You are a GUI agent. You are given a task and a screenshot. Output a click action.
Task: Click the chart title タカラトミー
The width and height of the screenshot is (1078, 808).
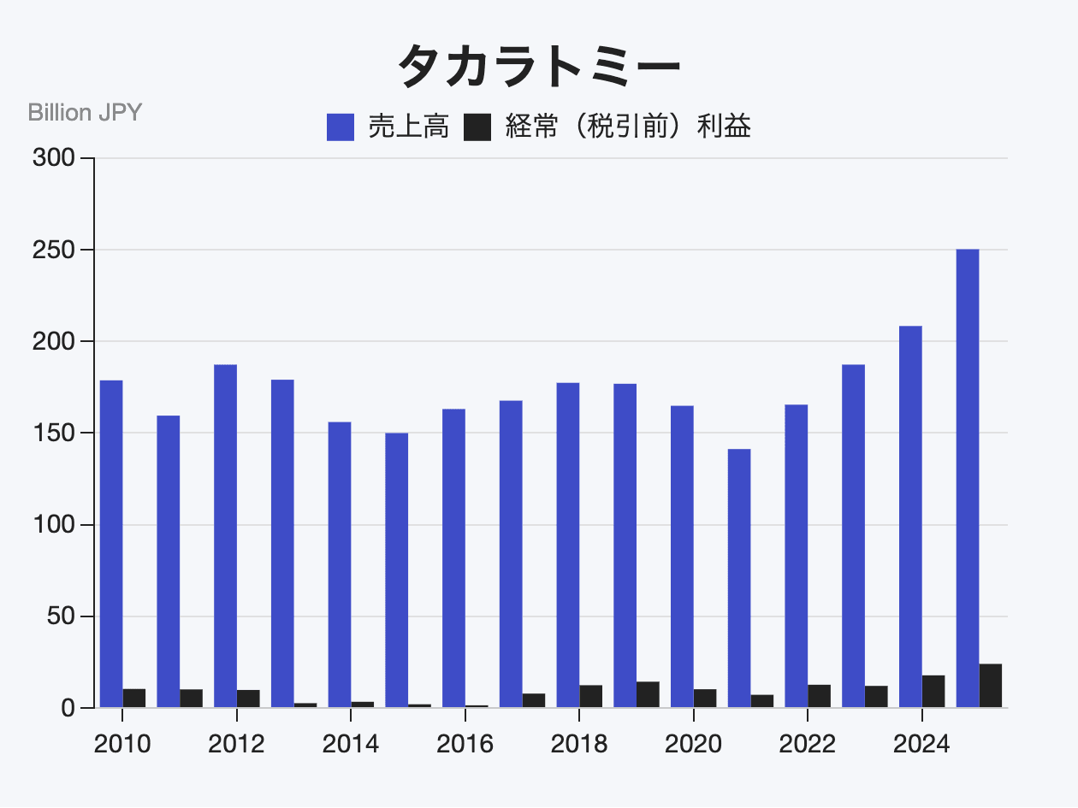point(539,66)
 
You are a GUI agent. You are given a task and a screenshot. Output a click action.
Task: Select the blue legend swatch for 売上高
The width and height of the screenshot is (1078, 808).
point(341,127)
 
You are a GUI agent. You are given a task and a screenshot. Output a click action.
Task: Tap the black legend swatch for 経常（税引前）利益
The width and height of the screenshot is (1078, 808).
point(477,127)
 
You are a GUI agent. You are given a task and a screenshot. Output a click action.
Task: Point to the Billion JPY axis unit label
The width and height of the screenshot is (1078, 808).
point(85,113)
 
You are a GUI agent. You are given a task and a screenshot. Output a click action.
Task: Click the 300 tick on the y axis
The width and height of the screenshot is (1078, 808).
point(52,158)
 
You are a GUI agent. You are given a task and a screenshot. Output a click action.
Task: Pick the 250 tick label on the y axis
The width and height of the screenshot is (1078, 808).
point(52,250)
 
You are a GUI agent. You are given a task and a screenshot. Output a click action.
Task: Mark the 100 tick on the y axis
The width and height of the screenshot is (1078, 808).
point(52,524)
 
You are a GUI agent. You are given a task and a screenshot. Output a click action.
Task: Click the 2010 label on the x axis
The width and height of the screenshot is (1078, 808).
point(122,744)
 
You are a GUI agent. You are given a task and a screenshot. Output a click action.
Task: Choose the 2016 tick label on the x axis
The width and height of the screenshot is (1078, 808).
point(465,744)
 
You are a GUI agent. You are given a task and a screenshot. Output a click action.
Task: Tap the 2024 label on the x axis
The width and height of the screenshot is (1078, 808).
point(921,744)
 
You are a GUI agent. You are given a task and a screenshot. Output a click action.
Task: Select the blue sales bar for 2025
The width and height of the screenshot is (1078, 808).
point(967,479)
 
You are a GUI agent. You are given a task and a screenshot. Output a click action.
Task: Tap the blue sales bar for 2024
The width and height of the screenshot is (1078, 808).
point(910,516)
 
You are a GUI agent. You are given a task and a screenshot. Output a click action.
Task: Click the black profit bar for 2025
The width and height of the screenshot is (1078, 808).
point(990,686)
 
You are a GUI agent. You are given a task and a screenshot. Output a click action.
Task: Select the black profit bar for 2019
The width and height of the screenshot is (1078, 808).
point(648,694)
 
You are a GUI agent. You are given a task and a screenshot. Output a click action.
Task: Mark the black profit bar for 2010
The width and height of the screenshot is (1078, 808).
point(134,698)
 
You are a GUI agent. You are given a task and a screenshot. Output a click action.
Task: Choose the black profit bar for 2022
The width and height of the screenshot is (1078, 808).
point(819,696)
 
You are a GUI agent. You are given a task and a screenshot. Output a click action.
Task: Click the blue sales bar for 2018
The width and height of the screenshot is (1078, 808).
point(568,545)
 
